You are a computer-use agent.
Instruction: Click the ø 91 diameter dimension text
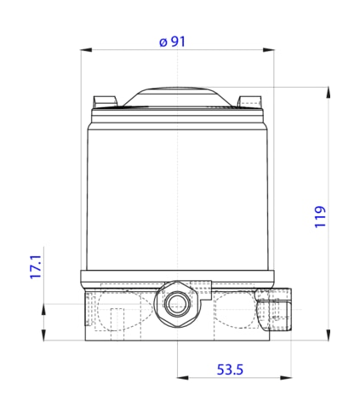[172, 42]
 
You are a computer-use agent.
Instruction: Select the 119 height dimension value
[320, 217]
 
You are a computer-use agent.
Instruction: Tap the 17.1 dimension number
[36, 266]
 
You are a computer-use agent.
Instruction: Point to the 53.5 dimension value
[230, 369]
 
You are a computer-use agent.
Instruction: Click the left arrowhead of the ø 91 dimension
[86, 50]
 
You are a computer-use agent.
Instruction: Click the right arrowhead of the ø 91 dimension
[268, 50]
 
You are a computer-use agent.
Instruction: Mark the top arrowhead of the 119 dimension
[329, 93]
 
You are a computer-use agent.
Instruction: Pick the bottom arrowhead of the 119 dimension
[329, 335]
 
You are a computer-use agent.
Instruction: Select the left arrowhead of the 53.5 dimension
[183, 378]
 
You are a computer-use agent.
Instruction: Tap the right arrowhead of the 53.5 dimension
[286, 378]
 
